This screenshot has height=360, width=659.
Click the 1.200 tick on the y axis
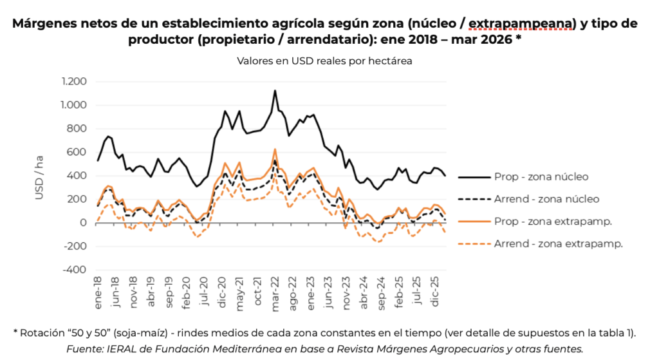74,82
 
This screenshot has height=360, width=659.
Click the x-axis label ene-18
98,293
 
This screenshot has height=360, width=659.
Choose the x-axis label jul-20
205,293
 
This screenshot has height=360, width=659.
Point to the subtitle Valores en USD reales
324,61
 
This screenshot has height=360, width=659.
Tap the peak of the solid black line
275,91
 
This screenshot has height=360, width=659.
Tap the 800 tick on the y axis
78,129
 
